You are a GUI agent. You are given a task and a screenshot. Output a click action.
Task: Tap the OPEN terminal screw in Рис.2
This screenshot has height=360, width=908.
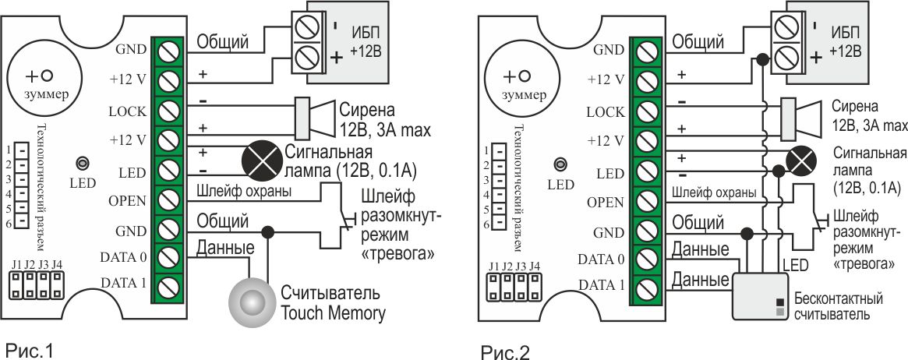click(644, 202)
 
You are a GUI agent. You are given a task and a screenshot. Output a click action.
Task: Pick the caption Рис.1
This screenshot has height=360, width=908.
click(30, 348)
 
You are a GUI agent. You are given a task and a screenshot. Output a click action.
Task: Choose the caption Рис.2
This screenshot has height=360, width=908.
click(505, 353)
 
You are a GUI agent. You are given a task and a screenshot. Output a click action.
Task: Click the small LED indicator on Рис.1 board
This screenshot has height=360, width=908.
click(81, 164)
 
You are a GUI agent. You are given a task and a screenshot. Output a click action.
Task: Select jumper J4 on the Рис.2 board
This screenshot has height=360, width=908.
click(535, 287)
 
